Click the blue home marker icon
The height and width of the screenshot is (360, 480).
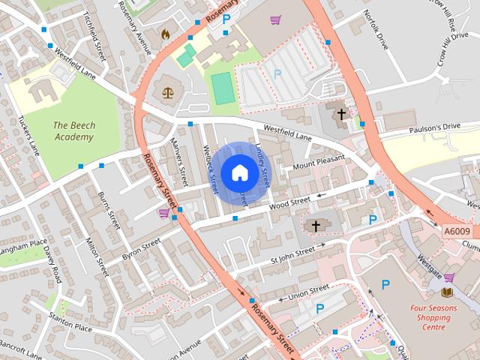point(239,172)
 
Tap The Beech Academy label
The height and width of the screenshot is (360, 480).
point(73,131)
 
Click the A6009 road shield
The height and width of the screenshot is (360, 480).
point(457,232)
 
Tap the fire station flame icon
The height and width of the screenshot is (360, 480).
point(165,34)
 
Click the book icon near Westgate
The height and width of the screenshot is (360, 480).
point(448,292)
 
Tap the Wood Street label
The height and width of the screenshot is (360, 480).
point(289,202)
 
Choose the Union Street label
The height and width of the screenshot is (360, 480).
point(309,289)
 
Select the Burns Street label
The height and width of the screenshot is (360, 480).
point(109,210)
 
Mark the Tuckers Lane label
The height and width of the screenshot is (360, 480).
point(29,136)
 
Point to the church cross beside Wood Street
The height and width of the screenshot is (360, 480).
point(316,225)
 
